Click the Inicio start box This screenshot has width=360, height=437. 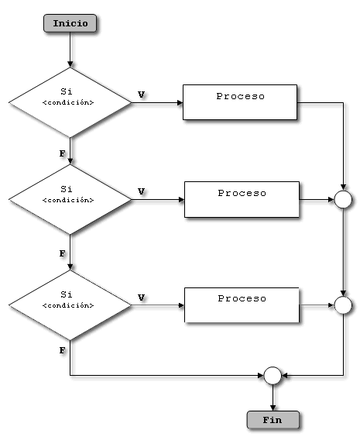70,22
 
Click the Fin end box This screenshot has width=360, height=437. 272,419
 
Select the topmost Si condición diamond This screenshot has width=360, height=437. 70,102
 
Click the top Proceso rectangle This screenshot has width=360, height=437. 240,102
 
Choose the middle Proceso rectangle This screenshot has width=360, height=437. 242,199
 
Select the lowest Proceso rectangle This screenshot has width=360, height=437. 242,305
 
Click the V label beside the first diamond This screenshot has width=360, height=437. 141,94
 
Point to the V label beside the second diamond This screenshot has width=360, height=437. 141,191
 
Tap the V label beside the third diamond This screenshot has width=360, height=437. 141,297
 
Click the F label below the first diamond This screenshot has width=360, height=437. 62,153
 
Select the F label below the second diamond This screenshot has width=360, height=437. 62,253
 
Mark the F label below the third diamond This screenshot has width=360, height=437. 62,351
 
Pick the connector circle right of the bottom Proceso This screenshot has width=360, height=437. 342,305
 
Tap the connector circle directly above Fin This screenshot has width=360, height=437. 272,376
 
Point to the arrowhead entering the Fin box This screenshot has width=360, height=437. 272,407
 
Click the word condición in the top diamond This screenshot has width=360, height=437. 69,102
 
